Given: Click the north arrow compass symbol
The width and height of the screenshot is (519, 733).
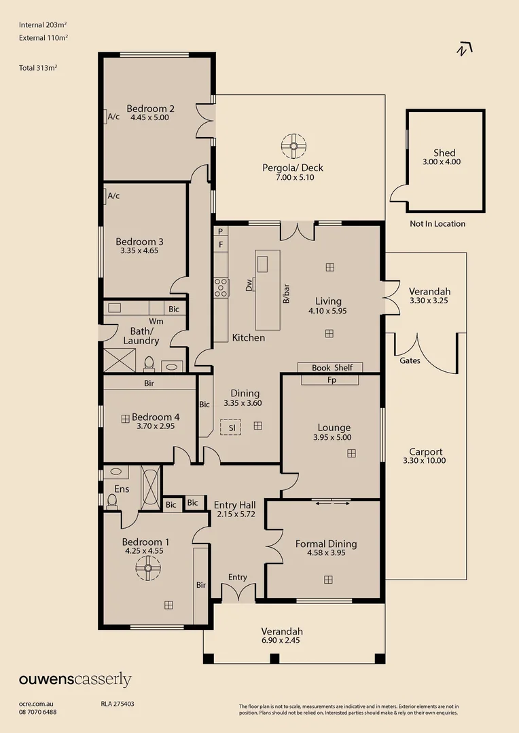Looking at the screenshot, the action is coord(464,49).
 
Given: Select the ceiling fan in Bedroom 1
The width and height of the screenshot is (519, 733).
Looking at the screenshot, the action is coord(148,568).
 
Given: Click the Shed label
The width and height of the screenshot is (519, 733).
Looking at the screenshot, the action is coord(444,153).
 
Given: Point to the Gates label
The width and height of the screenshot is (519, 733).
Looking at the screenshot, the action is coord(410,360).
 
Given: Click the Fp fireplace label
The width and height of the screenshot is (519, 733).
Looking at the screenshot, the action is coord(332,380).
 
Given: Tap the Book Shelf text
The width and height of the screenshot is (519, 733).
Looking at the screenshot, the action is coord(332,368).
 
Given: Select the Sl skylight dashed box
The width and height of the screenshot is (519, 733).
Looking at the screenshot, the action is coord(231,427).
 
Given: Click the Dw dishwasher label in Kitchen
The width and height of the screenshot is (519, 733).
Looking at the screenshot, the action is coord(249,284).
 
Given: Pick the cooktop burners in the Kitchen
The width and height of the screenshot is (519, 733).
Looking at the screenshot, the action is coord(221,288).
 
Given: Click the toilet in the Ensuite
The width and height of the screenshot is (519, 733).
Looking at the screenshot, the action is coord(111,501).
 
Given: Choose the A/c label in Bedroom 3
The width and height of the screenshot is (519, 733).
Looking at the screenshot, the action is coord(113,196).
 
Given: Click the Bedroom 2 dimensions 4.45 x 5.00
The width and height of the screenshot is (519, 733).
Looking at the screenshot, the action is coord(149,117).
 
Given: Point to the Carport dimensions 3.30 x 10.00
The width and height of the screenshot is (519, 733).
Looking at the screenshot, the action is coord(425,460).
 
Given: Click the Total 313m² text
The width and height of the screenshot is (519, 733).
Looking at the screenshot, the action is coord(38,68).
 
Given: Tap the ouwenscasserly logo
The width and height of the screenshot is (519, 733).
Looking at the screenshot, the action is coord(75,679).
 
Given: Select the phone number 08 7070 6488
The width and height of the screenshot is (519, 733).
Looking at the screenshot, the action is coord(38,712).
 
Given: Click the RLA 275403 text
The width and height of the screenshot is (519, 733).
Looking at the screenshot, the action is coord(118,704).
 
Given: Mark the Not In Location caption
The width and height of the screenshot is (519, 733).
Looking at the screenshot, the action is coord(437,224).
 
